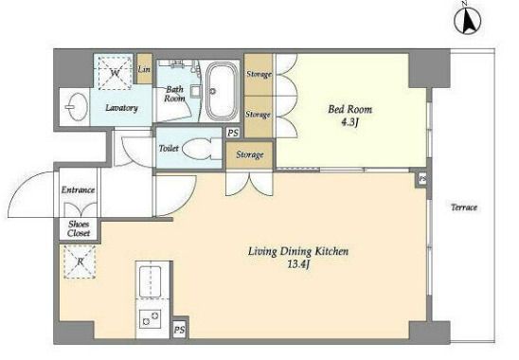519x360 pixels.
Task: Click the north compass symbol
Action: point(467,20)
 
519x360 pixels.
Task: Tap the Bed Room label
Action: point(349,109)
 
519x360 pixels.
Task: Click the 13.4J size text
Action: point(298,264)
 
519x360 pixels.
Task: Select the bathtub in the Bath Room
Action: point(223,92)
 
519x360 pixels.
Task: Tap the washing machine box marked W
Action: point(115,73)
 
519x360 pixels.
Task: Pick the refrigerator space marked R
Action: point(80,261)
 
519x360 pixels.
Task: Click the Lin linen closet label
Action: point(144,69)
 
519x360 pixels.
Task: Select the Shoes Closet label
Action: point(79,228)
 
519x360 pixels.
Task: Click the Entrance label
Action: point(78,190)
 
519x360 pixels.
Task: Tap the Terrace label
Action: point(464,207)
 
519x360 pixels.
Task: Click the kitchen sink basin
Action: point(150,281)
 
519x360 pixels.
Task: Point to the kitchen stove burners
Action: point(150,318)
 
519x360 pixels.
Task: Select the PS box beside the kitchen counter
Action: point(179,330)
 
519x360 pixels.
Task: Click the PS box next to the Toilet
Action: point(233,134)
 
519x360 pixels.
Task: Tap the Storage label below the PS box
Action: point(250,154)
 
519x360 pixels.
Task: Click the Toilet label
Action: point(169,149)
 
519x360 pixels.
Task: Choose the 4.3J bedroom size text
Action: point(349,122)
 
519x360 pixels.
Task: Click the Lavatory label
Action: point(121,108)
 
